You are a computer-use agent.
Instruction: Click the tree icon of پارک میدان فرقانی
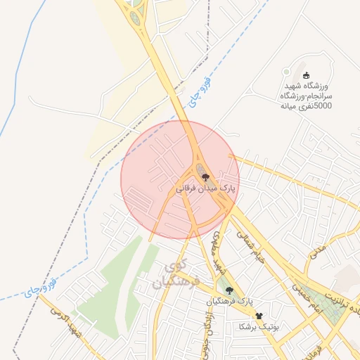[x=205, y=177]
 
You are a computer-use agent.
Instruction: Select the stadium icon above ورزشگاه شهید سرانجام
[x=305, y=75]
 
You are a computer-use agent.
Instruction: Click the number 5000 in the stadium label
[x=323, y=105]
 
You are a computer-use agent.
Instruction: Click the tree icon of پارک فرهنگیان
[x=226, y=289]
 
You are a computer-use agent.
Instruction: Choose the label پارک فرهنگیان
[x=229, y=301]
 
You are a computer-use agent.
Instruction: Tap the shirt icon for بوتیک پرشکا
[x=259, y=316]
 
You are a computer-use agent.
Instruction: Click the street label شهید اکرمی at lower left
[x=69, y=325]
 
